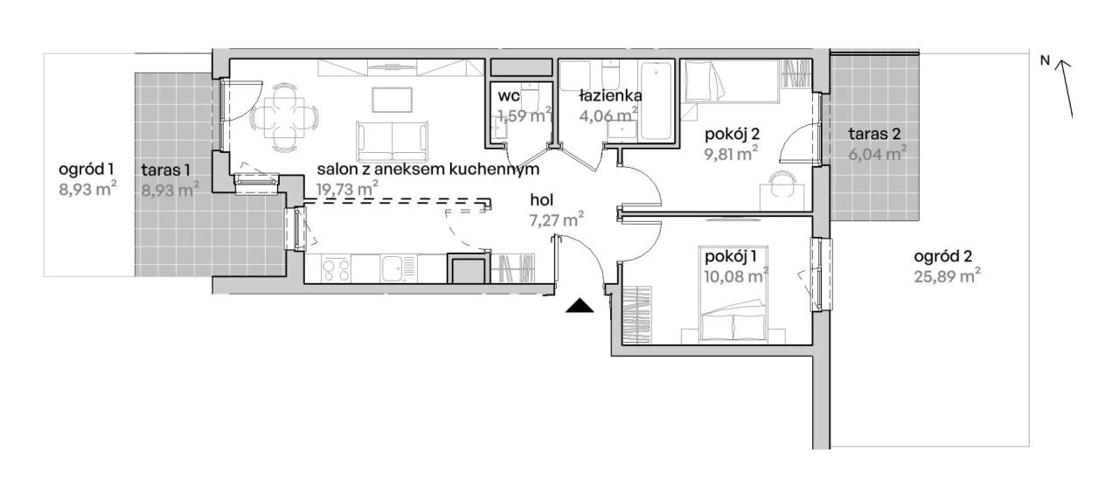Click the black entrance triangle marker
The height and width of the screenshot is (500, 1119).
580,306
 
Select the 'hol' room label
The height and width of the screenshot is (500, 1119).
541,200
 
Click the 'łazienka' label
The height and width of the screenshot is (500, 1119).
610,95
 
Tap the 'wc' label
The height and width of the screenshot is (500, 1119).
509,95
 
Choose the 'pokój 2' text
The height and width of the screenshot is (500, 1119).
732,134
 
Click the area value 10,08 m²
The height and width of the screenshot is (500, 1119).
735,275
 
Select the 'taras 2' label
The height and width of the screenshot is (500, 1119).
874,134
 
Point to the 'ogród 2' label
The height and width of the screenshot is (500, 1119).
943,257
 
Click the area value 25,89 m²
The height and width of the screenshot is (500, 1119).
947,275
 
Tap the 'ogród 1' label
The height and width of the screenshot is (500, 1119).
86,170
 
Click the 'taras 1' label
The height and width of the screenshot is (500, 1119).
166,170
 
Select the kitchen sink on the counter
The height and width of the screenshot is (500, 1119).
398,268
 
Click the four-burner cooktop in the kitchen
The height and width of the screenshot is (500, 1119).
336,268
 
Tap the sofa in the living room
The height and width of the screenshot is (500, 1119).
393,141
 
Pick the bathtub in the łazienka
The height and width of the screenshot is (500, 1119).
656,101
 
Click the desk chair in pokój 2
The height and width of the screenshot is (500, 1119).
782,184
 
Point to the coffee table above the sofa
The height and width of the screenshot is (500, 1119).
393,100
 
